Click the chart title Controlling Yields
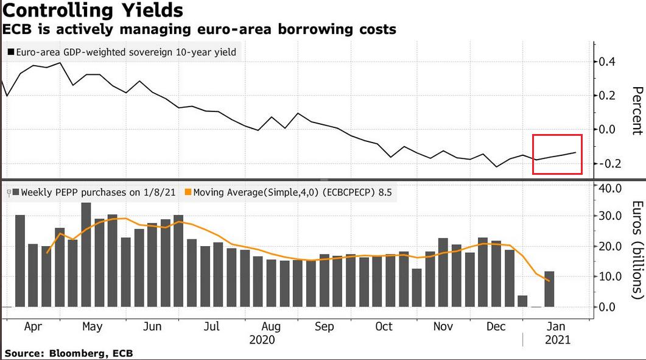coord(92,11)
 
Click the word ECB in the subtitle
coord(16,29)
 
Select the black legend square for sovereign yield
coord(10,53)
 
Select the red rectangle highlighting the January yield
coord(557,154)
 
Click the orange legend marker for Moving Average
coord(188,193)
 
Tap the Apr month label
coord(32,326)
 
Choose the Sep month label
coord(324,326)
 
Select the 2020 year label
coord(262,339)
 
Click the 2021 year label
coord(557,339)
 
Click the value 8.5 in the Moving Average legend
coord(385,193)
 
